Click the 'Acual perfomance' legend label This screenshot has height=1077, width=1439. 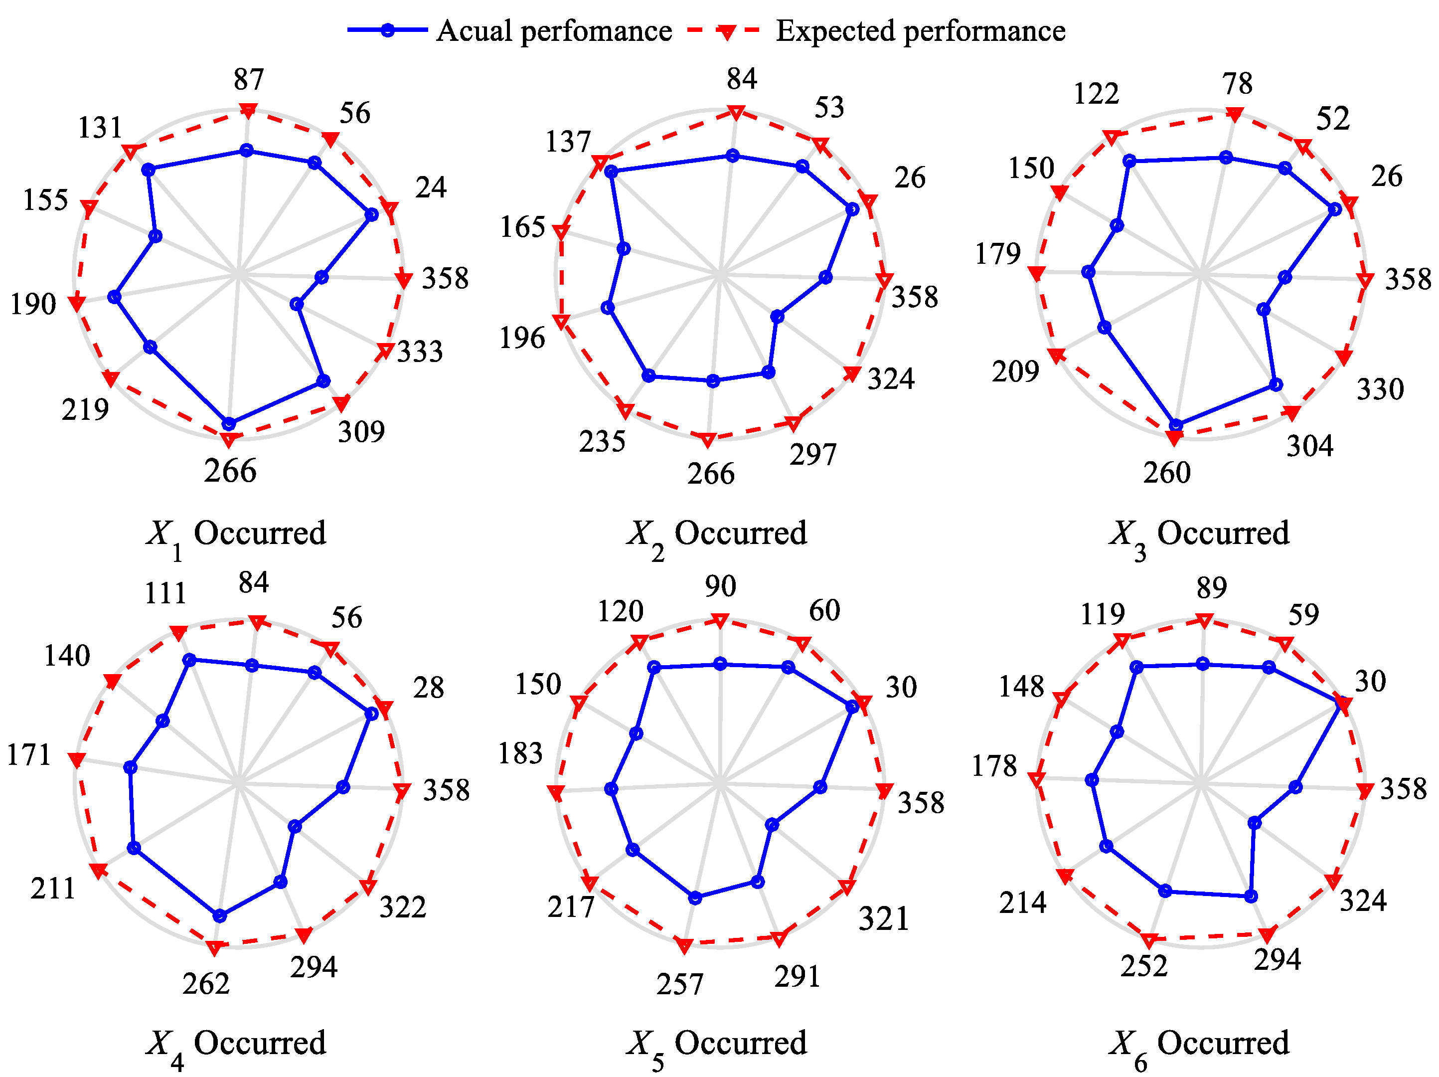554,30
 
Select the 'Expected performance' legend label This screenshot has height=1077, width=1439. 921,30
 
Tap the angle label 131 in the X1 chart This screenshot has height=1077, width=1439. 100,128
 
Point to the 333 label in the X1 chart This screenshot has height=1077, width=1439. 420,352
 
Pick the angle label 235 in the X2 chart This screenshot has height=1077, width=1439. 602,442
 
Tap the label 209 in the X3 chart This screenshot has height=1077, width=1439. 1015,371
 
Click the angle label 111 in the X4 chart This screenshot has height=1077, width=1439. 165,593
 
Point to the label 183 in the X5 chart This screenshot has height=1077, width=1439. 520,753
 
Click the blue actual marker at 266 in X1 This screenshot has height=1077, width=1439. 228,424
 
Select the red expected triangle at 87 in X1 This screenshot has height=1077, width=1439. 248,111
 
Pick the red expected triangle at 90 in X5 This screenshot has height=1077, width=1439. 720,620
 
